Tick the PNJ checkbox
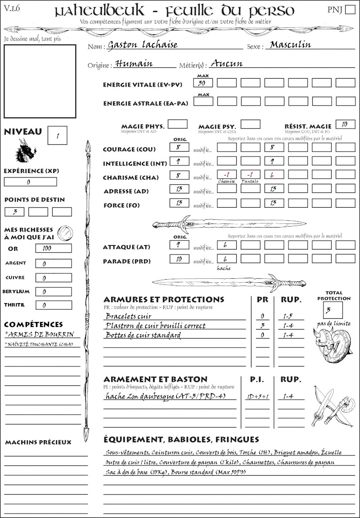349,10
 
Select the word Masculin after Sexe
290,45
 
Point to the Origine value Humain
134,64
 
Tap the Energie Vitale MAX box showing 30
203,83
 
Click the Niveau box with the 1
58,135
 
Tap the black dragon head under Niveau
25,151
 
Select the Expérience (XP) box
30,182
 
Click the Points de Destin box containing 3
14,211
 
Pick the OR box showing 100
53,248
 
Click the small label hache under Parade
224,268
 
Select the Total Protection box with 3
333,310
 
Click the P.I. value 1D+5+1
257,397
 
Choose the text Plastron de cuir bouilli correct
155,326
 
